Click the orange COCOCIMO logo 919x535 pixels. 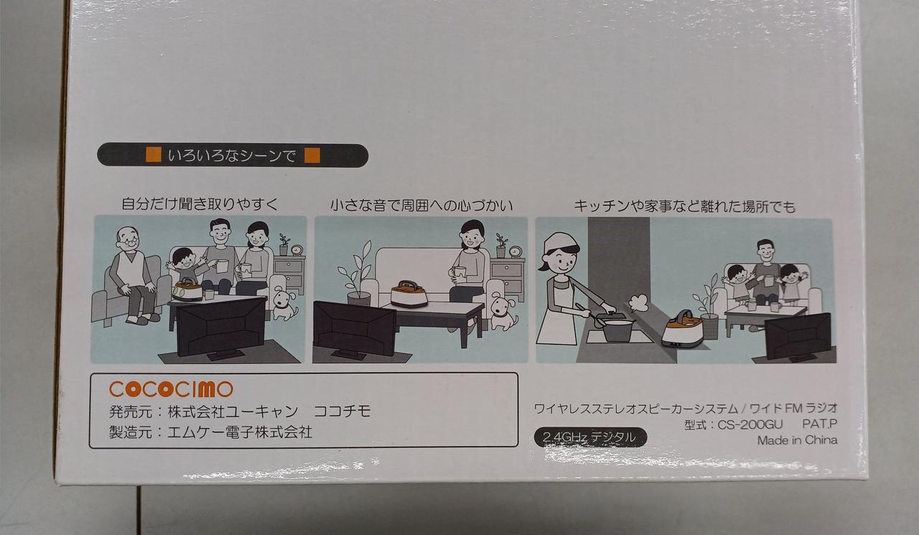click(171, 389)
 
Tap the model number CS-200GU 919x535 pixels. click(750, 424)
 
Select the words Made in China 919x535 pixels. click(797, 440)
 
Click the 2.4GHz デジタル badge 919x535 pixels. click(590, 437)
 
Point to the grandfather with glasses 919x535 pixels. click(131, 275)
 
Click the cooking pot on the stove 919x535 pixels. click(615, 330)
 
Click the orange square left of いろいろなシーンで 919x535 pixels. click(154, 155)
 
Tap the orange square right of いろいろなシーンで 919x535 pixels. click(312, 156)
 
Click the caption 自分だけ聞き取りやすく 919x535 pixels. click(200, 203)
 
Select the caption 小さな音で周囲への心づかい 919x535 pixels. click(421, 205)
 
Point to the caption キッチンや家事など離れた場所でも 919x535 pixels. click(684, 206)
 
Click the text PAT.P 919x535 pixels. click(819, 424)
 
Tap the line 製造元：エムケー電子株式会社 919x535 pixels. click(210, 432)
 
